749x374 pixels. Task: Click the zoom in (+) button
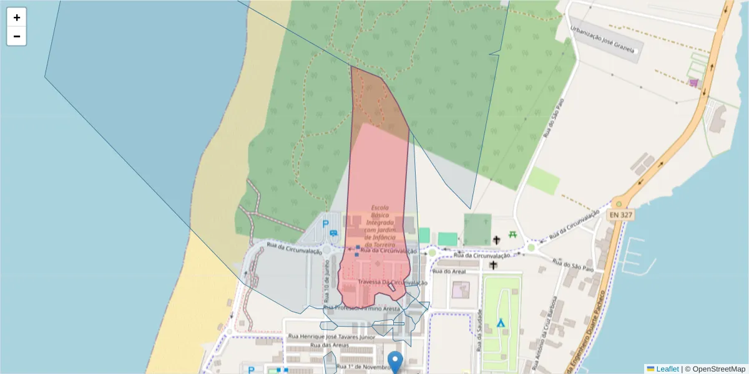click(x=17, y=17)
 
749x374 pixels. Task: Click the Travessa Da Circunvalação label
click(x=393, y=282)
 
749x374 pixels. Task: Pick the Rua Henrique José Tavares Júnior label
click(x=331, y=337)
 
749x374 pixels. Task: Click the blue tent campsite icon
click(x=500, y=323)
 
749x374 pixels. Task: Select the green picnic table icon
click(x=512, y=234)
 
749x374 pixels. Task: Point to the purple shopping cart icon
click(x=693, y=82)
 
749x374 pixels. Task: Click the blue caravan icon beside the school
click(x=334, y=233)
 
